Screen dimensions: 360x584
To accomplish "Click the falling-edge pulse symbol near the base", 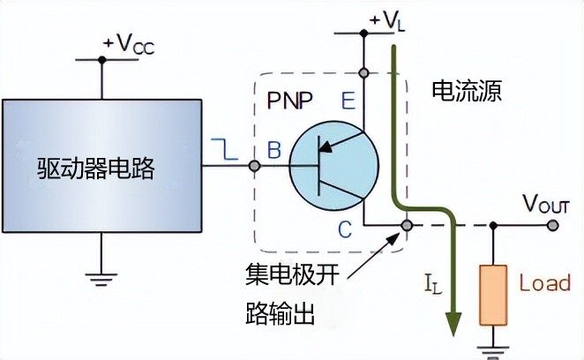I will (x=224, y=151).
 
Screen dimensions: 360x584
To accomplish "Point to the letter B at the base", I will (x=273, y=151).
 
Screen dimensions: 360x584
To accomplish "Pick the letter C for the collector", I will (x=346, y=231).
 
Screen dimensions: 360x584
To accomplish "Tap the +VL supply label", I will (x=385, y=17).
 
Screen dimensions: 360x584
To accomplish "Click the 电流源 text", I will (x=466, y=92).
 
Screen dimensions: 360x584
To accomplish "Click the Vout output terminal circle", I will (x=553, y=226).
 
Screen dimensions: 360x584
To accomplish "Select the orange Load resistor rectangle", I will (x=490, y=293).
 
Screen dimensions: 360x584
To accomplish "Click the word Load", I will (x=544, y=284).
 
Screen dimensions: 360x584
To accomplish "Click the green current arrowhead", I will (x=455, y=325).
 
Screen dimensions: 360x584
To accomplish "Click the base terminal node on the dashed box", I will (x=254, y=166).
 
